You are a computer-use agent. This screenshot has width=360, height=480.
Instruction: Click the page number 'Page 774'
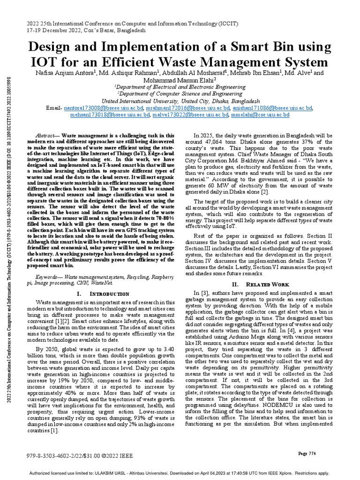[307, 453]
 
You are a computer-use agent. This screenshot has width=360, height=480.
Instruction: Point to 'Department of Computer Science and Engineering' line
[180, 94]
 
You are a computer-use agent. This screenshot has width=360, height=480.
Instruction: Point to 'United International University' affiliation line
[180, 101]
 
